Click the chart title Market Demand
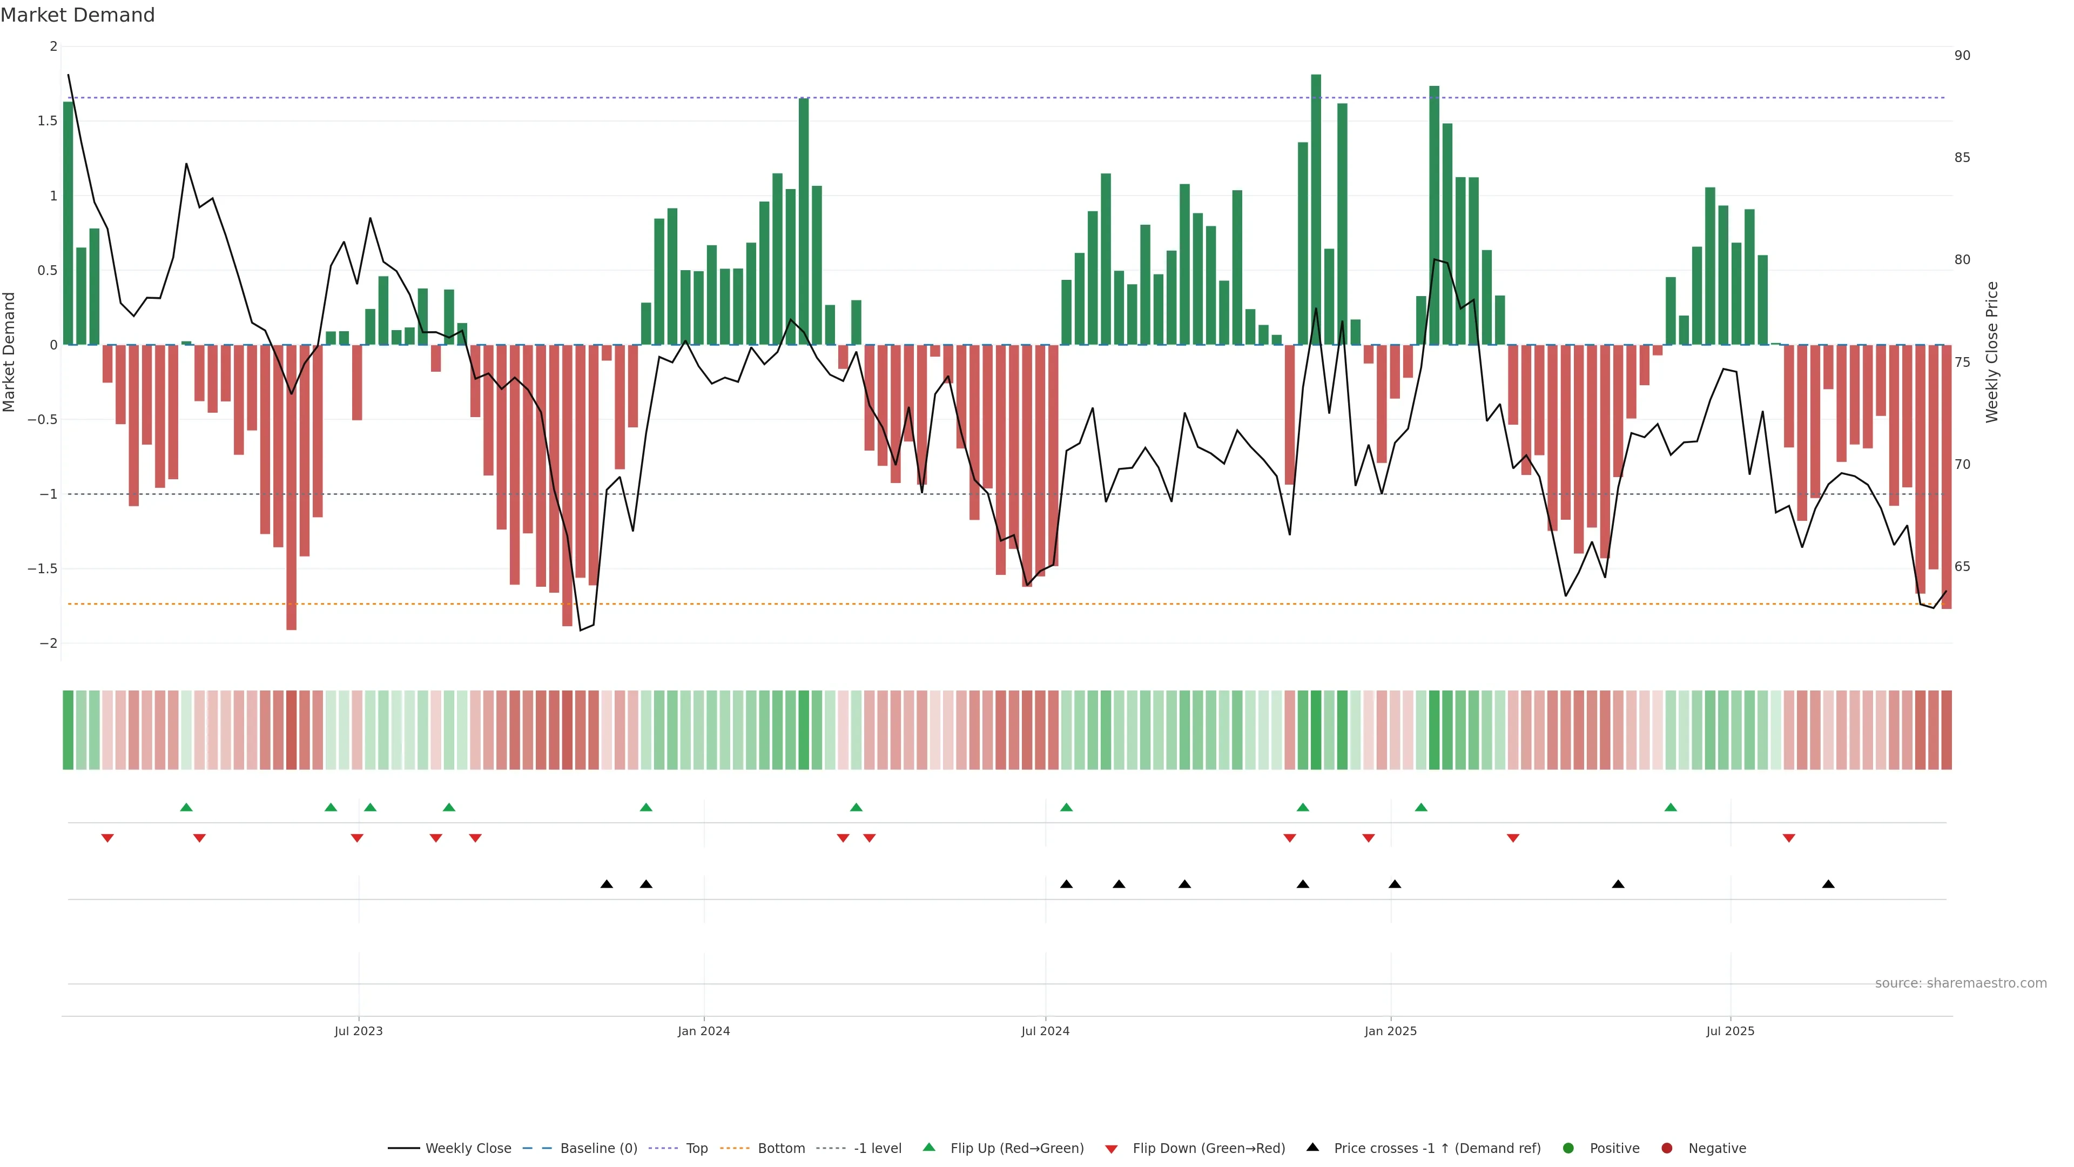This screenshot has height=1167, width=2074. [77, 15]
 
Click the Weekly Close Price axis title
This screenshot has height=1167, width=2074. [1992, 352]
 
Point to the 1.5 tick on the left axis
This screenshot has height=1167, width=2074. [48, 121]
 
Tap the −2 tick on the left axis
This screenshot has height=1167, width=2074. [48, 643]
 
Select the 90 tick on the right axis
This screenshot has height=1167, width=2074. [1962, 56]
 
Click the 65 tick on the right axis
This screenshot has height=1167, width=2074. [1962, 567]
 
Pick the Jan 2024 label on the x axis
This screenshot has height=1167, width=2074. [704, 1031]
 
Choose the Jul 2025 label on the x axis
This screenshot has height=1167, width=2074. [1730, 1031]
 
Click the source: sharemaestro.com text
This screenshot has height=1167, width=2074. [1961, 983]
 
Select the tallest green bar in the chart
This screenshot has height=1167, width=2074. [1316, 210]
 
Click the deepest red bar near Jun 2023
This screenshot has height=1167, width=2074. [292, 487]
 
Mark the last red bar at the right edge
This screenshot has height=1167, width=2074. [1946, 477]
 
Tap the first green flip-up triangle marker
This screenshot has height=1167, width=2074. [186, 807]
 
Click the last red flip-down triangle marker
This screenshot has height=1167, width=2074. [1789, 839]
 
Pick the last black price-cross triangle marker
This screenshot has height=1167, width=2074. [1828, 884]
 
